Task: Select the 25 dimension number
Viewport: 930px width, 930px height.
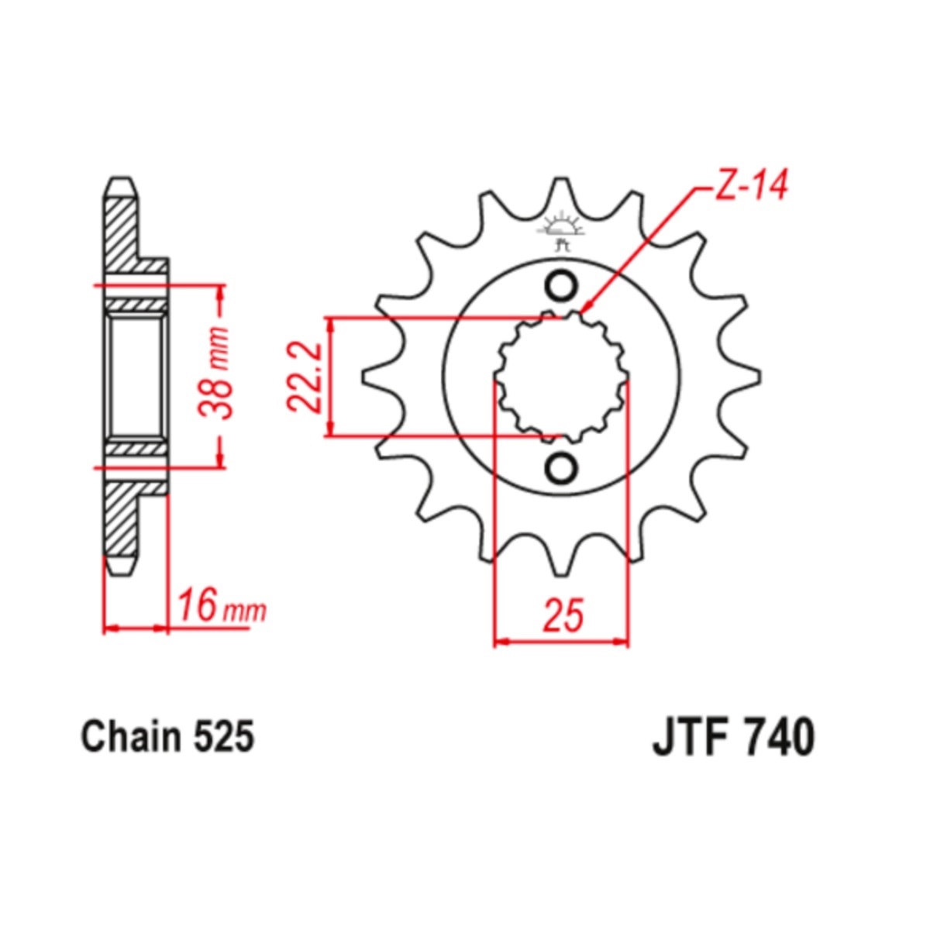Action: pos(563,615)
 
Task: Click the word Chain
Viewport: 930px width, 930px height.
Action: pos(131,737)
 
